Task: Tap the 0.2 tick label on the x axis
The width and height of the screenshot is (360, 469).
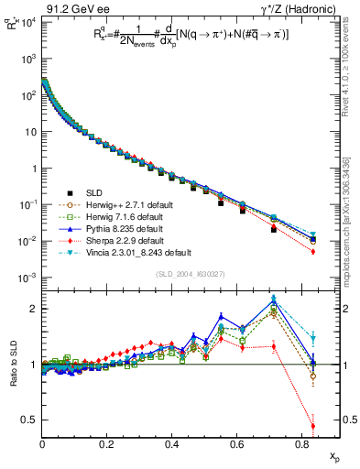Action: (x=107, y=444)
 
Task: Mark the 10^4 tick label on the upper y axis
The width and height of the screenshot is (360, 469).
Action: (x=27, y=22)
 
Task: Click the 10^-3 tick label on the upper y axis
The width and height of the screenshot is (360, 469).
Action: (x=27, y=278)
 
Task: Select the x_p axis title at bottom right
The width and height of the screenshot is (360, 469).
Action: (x=333, y=456)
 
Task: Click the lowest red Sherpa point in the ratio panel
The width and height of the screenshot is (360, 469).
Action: (x=313, y=426)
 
